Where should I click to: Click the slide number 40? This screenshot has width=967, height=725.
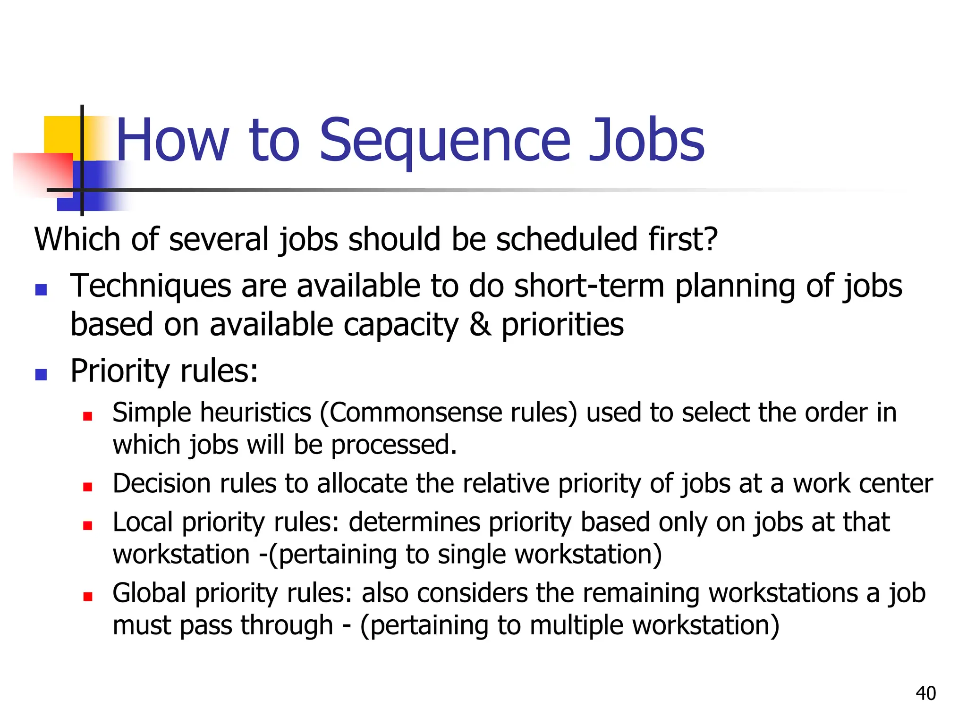(925, 693)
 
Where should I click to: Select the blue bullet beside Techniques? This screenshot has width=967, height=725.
(41, 289)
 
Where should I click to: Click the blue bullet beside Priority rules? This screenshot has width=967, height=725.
(41, 374)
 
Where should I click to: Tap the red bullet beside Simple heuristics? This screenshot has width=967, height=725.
(87, 416)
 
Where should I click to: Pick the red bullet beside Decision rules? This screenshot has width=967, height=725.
(87, 487)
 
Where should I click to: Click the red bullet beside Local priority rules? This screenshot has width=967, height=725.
(87, 525)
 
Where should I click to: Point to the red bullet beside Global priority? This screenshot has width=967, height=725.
(87, 596)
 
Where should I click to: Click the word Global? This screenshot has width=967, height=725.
(149, 593)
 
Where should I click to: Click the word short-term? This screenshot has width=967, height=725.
(589, 286)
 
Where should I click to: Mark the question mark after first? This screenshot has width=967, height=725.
(710, 239)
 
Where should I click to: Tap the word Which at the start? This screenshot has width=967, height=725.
(77, 239)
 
